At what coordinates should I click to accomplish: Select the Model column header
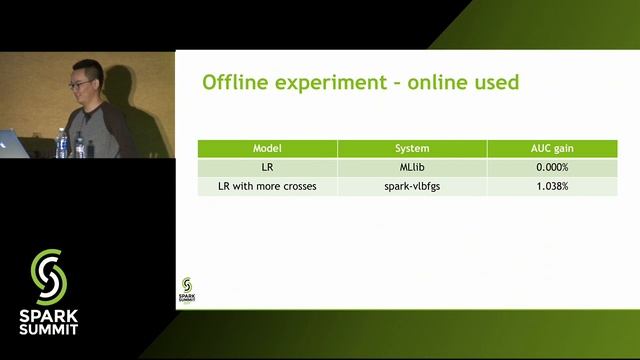(267, 148)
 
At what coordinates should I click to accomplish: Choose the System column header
(412, 148)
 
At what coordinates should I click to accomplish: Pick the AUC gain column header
(551, 148)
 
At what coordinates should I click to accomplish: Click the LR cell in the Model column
(267, 167)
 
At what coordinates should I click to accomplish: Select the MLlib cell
(412, 167)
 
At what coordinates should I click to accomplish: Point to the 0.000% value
(551, 167)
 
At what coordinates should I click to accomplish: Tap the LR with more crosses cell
(267, 187)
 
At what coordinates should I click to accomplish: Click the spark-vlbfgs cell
(412, 187)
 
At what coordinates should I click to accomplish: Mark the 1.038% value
(551, 187)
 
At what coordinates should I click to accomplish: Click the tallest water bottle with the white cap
(62, 144)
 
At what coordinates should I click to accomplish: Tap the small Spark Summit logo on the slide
(188, 290)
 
